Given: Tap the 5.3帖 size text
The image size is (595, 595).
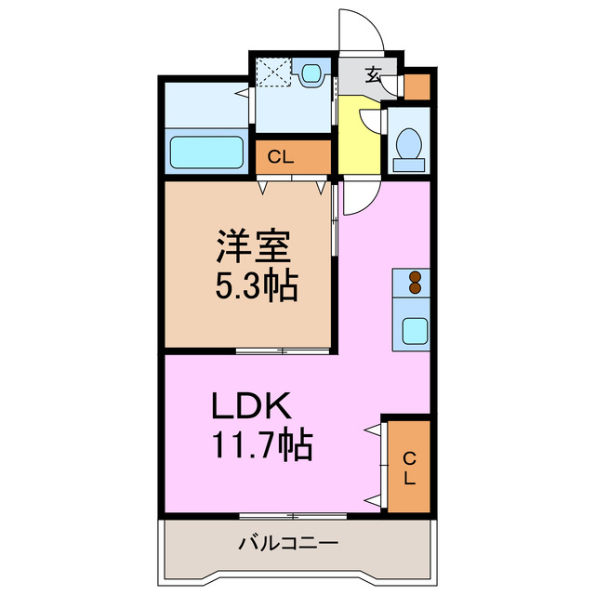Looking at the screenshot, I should point(257,286).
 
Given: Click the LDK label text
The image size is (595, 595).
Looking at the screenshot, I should point(252,407).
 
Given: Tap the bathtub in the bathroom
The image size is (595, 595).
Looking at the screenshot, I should point(205,151).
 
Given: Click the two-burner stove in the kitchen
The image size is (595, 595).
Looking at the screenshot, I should point(412,282).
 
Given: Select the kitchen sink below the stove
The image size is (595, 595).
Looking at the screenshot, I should point(412,331).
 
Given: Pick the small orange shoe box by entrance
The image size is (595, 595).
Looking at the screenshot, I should point(417,86).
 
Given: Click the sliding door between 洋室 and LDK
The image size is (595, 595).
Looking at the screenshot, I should point(283,350).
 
